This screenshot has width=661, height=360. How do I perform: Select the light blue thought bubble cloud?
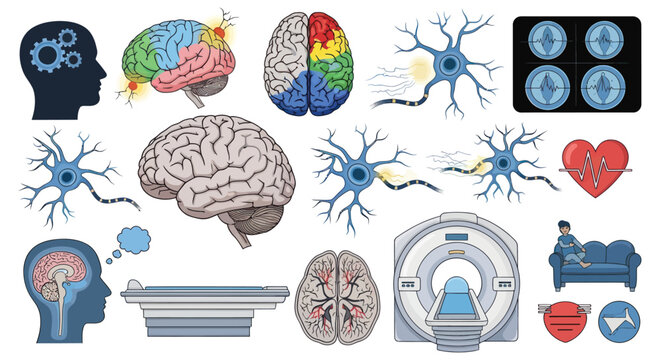coord(133,240)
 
